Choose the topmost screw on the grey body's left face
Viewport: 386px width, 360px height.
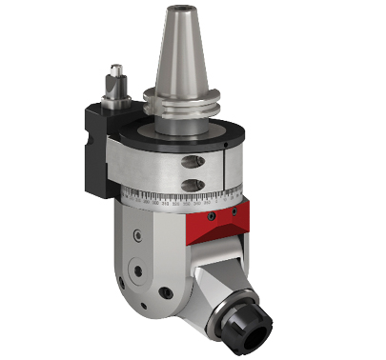tap(139, 231)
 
